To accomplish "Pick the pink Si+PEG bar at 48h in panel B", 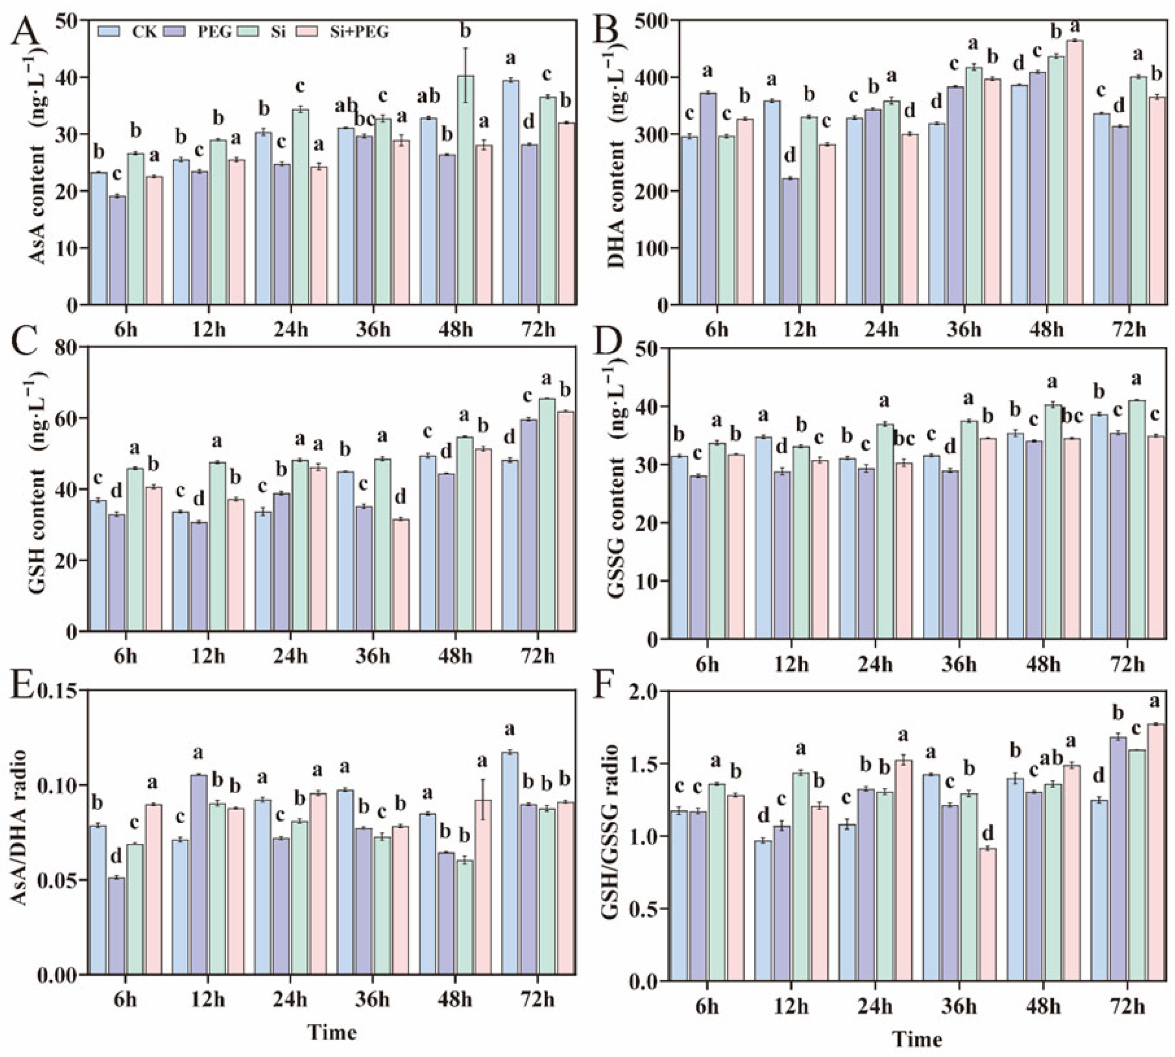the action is (1074, 172).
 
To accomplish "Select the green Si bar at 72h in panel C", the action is (546, 514).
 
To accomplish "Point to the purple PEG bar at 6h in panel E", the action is (117, 926).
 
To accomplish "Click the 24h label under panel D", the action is (874, 664).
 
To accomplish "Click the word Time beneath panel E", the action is (331, 1032).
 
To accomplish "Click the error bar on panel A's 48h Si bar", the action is (465, 75).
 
